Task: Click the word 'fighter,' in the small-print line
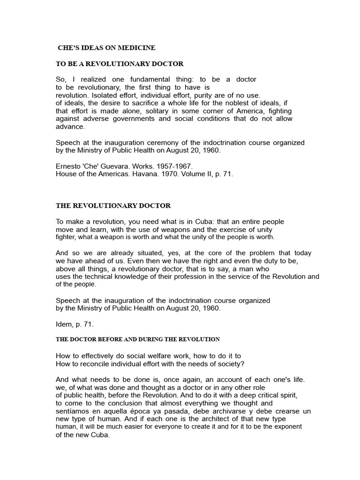point(67,237)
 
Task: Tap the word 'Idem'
point(64,324)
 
